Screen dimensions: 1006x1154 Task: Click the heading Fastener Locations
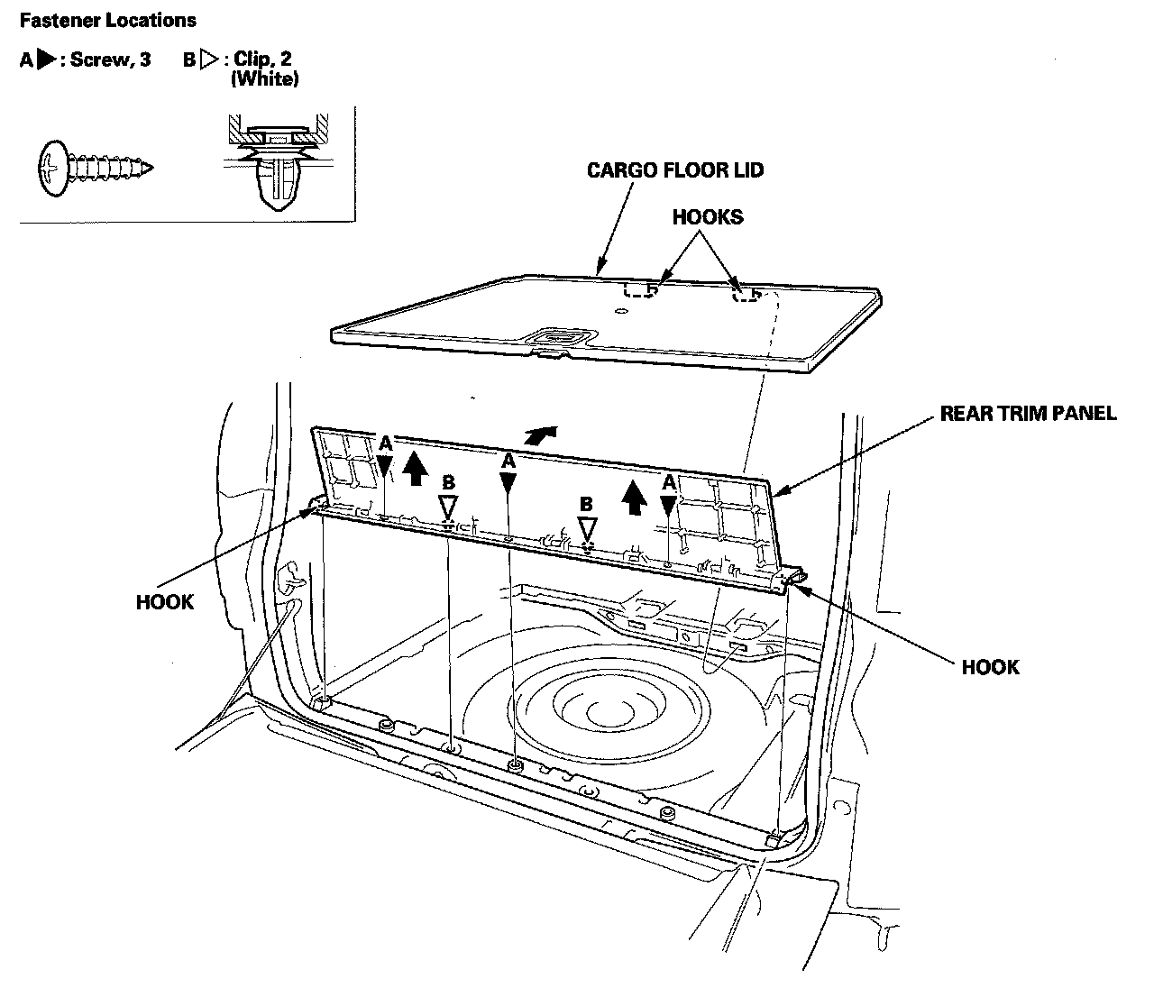pyautogui.click(x=107, y=20)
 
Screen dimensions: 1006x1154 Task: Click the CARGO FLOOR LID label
pyautogui.click(x=675, y=170)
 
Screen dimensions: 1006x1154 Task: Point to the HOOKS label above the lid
pyautogui.click(x=708, y=217)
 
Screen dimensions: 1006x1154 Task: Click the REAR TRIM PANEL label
pyautogui.click(x=1028, y=414)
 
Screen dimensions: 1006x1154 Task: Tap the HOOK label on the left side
pyautogui.click(x=164, y=601)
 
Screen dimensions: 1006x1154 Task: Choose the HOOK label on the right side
pyautogui.click(x=990, y=667)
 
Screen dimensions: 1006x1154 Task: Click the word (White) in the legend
pyautogui.click(x=264, y=79)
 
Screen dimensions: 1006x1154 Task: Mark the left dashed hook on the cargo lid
pyautogui.click(x=639, y=289)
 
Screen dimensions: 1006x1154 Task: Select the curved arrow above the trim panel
pyautogui.click(x=538, y=434)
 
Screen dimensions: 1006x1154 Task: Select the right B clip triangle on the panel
pyautogui.click(x=587, y=528)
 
